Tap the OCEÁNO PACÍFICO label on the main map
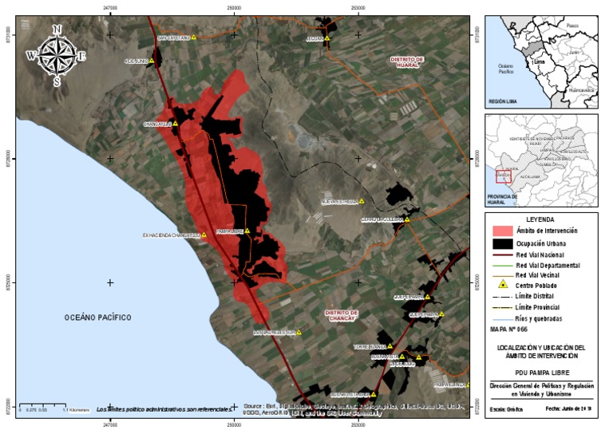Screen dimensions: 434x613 (x=97, y=318)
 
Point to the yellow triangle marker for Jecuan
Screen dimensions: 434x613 (x=327, y=37)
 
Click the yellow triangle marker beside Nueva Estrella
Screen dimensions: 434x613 (x=362, y=202)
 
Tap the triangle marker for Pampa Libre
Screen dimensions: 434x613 (x=247, y=231)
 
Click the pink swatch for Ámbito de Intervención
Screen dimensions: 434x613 (x=500, y=231)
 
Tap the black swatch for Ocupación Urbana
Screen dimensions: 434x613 (x=500, y=243)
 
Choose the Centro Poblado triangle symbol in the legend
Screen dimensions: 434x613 (x=503, y=285)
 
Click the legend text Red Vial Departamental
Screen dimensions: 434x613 (x=548, y=264)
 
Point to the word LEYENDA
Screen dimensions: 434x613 (x=541, y=219)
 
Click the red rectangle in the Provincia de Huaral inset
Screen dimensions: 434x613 (x=503, y=176)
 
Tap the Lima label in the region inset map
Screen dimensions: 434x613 (x=539, y=61)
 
